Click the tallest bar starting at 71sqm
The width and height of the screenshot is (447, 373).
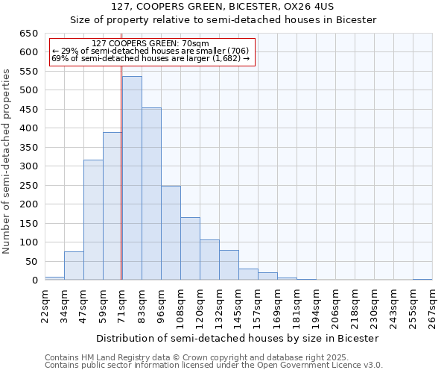132,178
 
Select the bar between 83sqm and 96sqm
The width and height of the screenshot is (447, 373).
151,194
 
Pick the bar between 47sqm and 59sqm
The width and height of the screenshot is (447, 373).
93,220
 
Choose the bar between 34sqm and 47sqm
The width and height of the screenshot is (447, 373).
74,266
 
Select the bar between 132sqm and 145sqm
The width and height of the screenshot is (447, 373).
229,265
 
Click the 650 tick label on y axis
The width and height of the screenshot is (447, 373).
28,34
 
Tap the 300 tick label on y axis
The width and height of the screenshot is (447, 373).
28,166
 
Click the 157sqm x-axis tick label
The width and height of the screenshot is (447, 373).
258,306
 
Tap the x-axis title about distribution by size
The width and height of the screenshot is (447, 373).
238,338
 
